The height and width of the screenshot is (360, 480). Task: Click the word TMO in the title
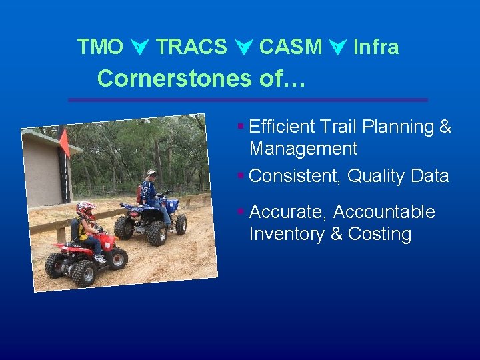pos(100,47)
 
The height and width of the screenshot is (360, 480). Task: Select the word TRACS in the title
pos(191,47)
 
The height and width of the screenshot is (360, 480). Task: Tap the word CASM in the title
pos(290,47)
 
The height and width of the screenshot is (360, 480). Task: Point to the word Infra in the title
pos(376,47)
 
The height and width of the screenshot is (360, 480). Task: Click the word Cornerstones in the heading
pos(171,79)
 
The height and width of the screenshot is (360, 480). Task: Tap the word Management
pos(303,149)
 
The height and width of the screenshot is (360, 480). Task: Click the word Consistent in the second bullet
pos(295,177)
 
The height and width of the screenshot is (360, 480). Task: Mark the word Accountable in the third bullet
pos(384,212)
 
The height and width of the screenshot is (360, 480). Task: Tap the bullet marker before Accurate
pos(241,212)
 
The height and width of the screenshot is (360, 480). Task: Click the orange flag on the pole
pos(65,142)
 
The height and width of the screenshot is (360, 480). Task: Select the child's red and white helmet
pos(85,209)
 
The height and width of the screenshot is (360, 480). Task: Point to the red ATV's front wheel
pos(117,259)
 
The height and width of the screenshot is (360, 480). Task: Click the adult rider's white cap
pos(152,173)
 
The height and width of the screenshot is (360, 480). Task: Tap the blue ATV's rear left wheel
pos(124,227)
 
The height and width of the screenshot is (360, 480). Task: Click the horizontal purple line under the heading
pos(249,100)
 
